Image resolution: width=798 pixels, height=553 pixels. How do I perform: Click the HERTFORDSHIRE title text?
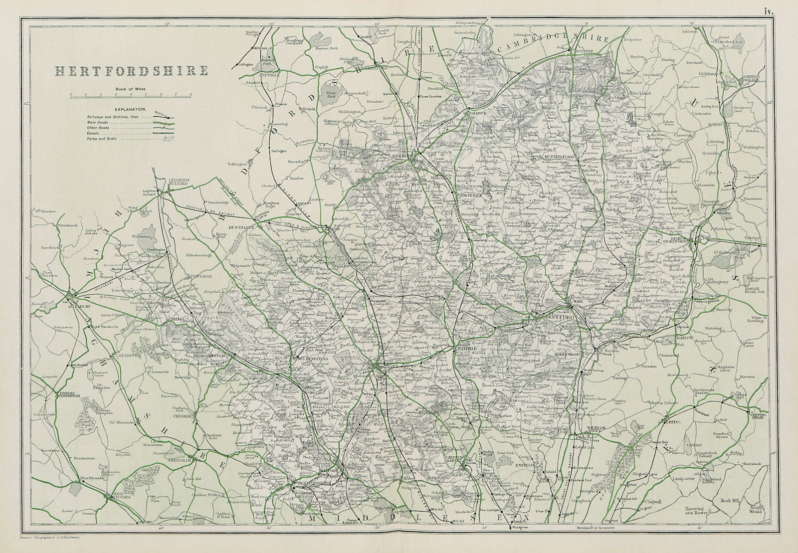click(132, 71)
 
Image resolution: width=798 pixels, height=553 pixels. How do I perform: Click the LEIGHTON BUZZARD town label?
click(170, 182)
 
